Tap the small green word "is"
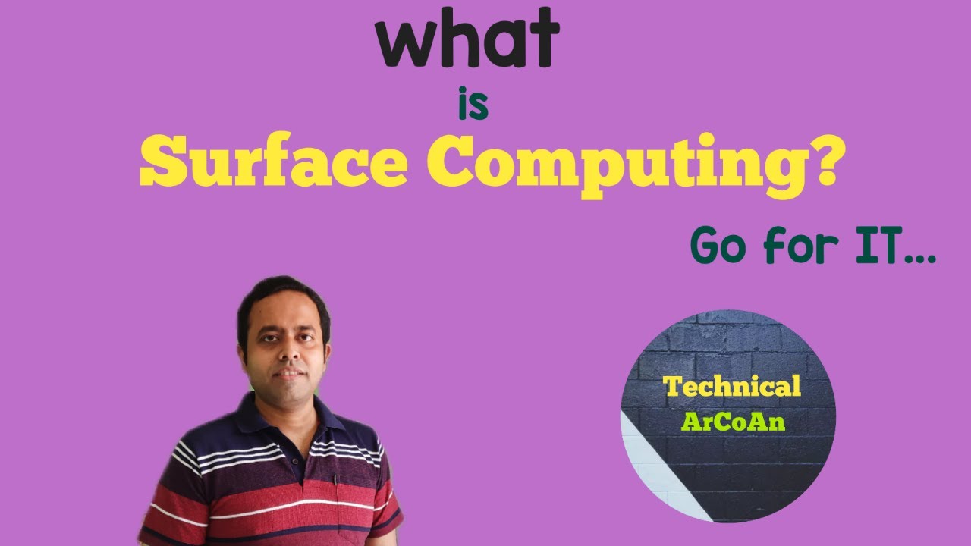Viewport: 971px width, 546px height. click(473, 106)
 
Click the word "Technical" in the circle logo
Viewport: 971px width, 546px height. click(732, 386)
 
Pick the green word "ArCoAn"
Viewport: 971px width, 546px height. click(732, 422)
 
